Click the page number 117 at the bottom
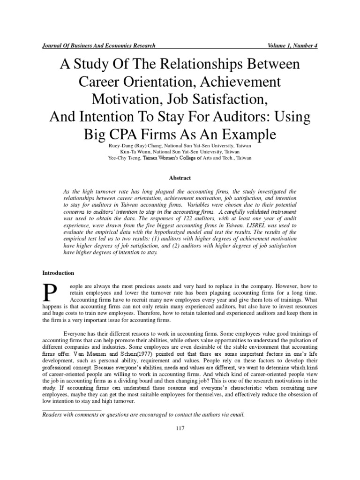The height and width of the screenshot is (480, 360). [180, 428]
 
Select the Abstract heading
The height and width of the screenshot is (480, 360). [180, 178]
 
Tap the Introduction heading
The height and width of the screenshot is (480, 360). [59, 272]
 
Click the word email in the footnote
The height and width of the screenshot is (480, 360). [235, 415]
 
